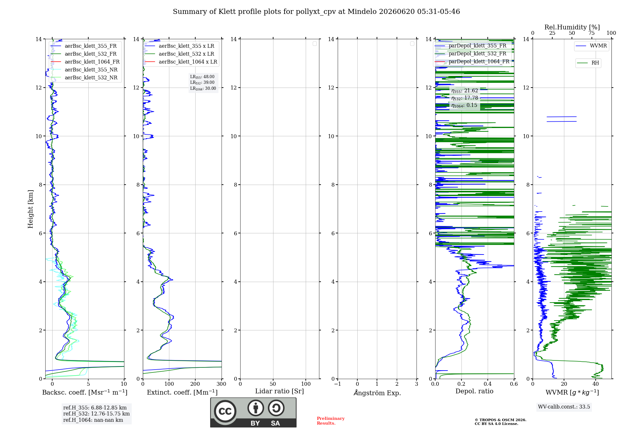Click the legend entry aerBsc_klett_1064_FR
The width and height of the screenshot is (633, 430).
tap(85, 62)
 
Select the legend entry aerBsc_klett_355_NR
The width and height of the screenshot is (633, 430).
tap(84, 70)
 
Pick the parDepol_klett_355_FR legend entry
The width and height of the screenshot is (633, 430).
tap(471, 46)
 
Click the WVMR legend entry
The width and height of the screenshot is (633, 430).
tap(591, 46)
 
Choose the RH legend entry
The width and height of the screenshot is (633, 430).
tap(588, 63)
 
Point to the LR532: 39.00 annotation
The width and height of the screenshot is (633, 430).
tap(202, 83)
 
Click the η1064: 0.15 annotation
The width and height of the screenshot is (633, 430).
tap(464, 105)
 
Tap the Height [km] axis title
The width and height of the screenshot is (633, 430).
tap(30, 209)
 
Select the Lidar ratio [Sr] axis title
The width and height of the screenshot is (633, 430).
tap(279, 391)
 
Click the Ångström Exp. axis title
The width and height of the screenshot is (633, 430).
tap(377, 393)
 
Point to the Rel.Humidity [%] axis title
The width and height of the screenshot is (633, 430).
tap(572, 27)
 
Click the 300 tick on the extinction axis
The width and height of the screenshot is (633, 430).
tap(222, 384)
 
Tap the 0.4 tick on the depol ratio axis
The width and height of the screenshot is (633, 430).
tap(488, 384)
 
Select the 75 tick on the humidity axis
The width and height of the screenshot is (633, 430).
tap(591, 33)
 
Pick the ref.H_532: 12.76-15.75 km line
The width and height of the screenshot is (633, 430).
tap(97, 414)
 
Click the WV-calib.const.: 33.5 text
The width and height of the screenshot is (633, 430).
tap(564, 407)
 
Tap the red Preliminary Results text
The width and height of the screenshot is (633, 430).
tap(331, 421)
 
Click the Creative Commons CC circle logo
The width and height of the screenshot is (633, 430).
tap(225, 411)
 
